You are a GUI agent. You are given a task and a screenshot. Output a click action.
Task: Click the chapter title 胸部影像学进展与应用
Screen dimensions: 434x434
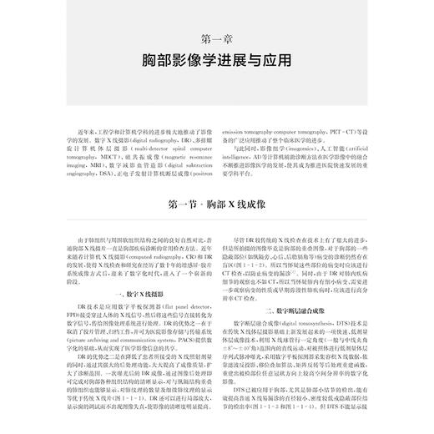click(216, 62)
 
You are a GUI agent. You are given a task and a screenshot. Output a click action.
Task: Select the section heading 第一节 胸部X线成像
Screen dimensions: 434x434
click(216, 204)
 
